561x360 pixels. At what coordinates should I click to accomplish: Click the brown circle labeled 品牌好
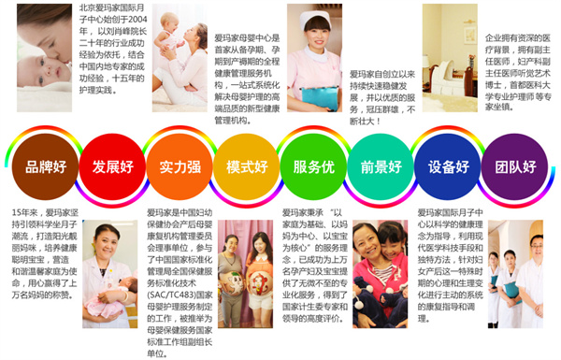click(46, 168)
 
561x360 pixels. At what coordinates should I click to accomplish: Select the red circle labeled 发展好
click(112, 168)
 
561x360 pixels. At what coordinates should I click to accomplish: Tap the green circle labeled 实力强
click(179, 168)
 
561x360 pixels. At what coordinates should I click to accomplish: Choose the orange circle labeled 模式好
click(247, 168)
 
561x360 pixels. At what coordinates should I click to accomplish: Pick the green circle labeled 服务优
click(313, 168)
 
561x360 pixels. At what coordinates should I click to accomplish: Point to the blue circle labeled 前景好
click(381, 168)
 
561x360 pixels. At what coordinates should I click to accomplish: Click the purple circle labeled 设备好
click(449, 168)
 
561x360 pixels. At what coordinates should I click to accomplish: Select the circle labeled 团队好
click(515, 168)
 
